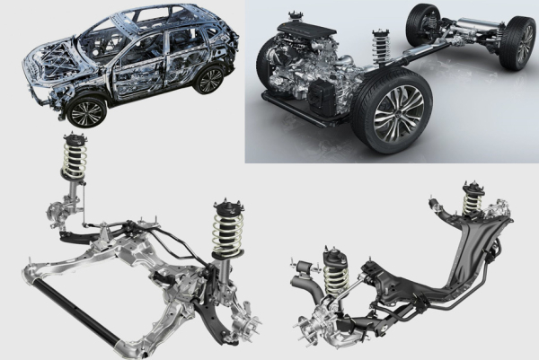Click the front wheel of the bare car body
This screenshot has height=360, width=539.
(x=87, y=112)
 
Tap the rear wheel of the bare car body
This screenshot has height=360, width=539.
(x=210, y=80)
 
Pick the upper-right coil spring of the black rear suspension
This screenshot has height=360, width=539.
(x=471, y=205)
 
